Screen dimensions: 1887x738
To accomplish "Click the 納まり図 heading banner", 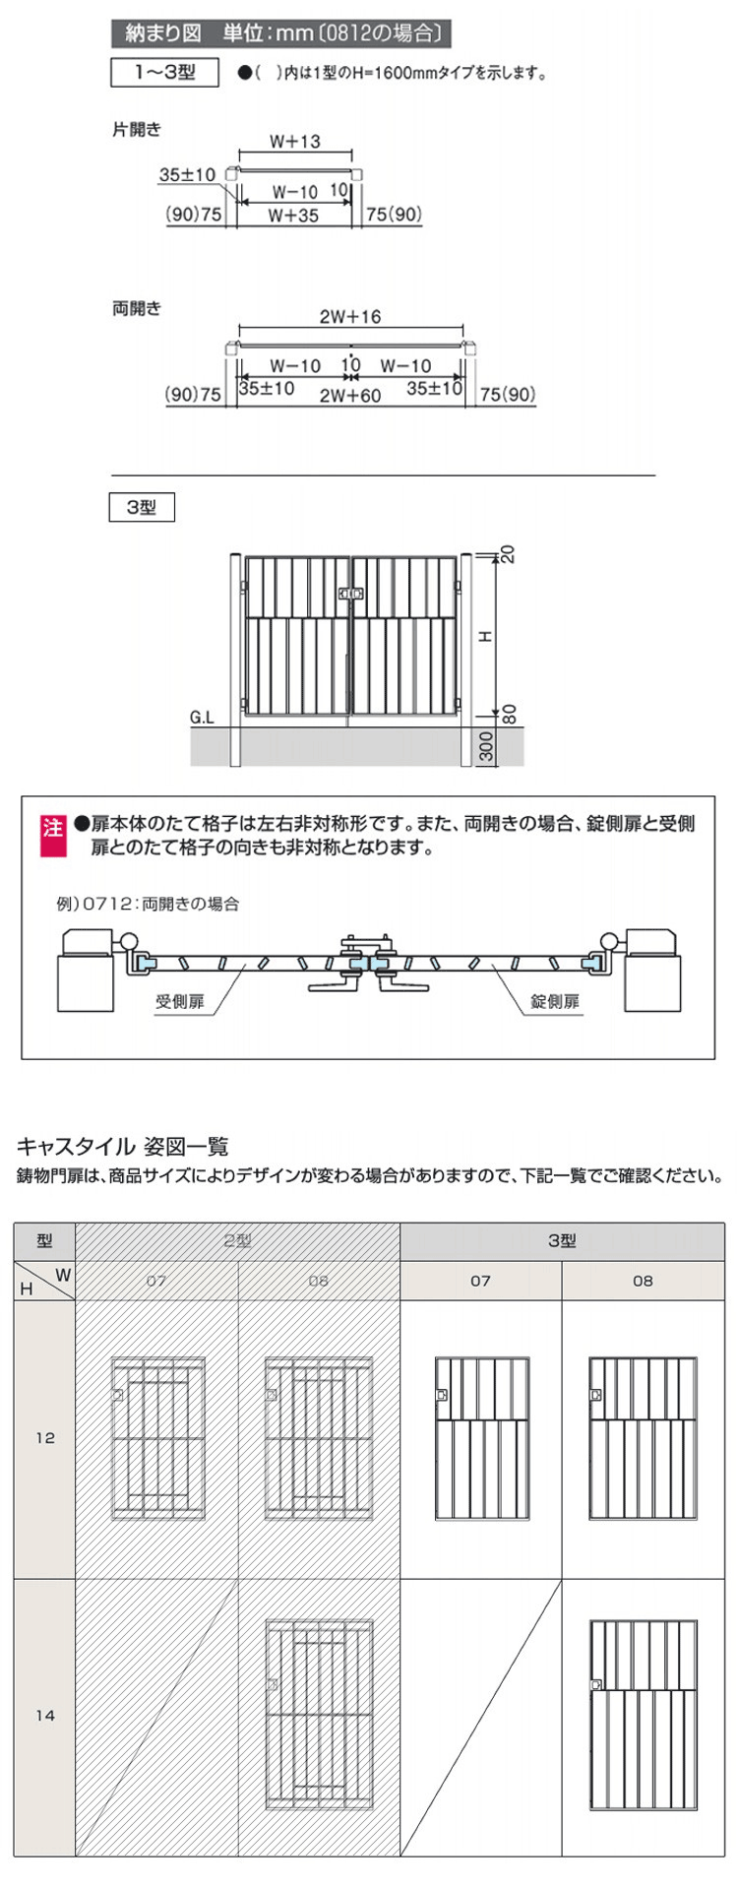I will [282, 33].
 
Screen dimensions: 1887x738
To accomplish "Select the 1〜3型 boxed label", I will [164, 73].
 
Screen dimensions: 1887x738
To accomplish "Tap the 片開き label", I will [137, 129].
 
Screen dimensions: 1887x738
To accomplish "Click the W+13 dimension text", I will [295, 142].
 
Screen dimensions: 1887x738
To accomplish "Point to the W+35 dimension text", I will [294, 216].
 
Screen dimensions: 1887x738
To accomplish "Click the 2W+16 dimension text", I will [350, 317].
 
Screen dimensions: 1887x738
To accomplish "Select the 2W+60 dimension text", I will [350, 396].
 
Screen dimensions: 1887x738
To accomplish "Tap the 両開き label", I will [137, 308].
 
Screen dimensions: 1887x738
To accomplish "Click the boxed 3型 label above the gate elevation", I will [142, 508].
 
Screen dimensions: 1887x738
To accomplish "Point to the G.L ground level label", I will [202, 718].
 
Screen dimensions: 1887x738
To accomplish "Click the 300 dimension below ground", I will [485, 748].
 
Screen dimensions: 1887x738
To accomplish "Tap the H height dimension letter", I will [485, 637].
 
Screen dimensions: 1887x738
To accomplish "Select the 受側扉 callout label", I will [180, 1001].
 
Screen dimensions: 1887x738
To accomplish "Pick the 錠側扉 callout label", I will [556, 1001].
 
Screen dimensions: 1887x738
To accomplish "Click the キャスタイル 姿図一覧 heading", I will [123, 1146].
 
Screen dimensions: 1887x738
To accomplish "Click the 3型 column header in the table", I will [562, 1241].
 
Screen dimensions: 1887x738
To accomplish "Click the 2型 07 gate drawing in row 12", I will [157, 1438].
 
